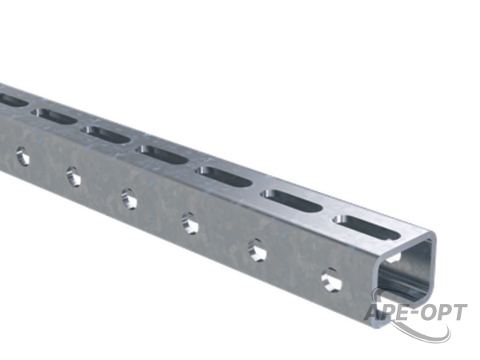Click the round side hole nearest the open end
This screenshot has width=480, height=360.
tap(331, 280)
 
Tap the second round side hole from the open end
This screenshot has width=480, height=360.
tap(257, 250)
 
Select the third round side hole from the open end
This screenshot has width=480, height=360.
tap(190, 223)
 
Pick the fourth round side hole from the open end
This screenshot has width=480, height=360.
tap(129, 199)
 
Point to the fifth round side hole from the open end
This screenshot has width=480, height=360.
tap(74, 176)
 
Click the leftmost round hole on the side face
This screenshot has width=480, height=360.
tap(22, 156)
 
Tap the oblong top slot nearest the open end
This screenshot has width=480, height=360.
tap(366, 227)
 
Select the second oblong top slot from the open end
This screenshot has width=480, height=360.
tap(291, 201)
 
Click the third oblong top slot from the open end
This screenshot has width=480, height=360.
tap(225, 176)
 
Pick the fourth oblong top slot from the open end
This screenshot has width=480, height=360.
tap(162, 154)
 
